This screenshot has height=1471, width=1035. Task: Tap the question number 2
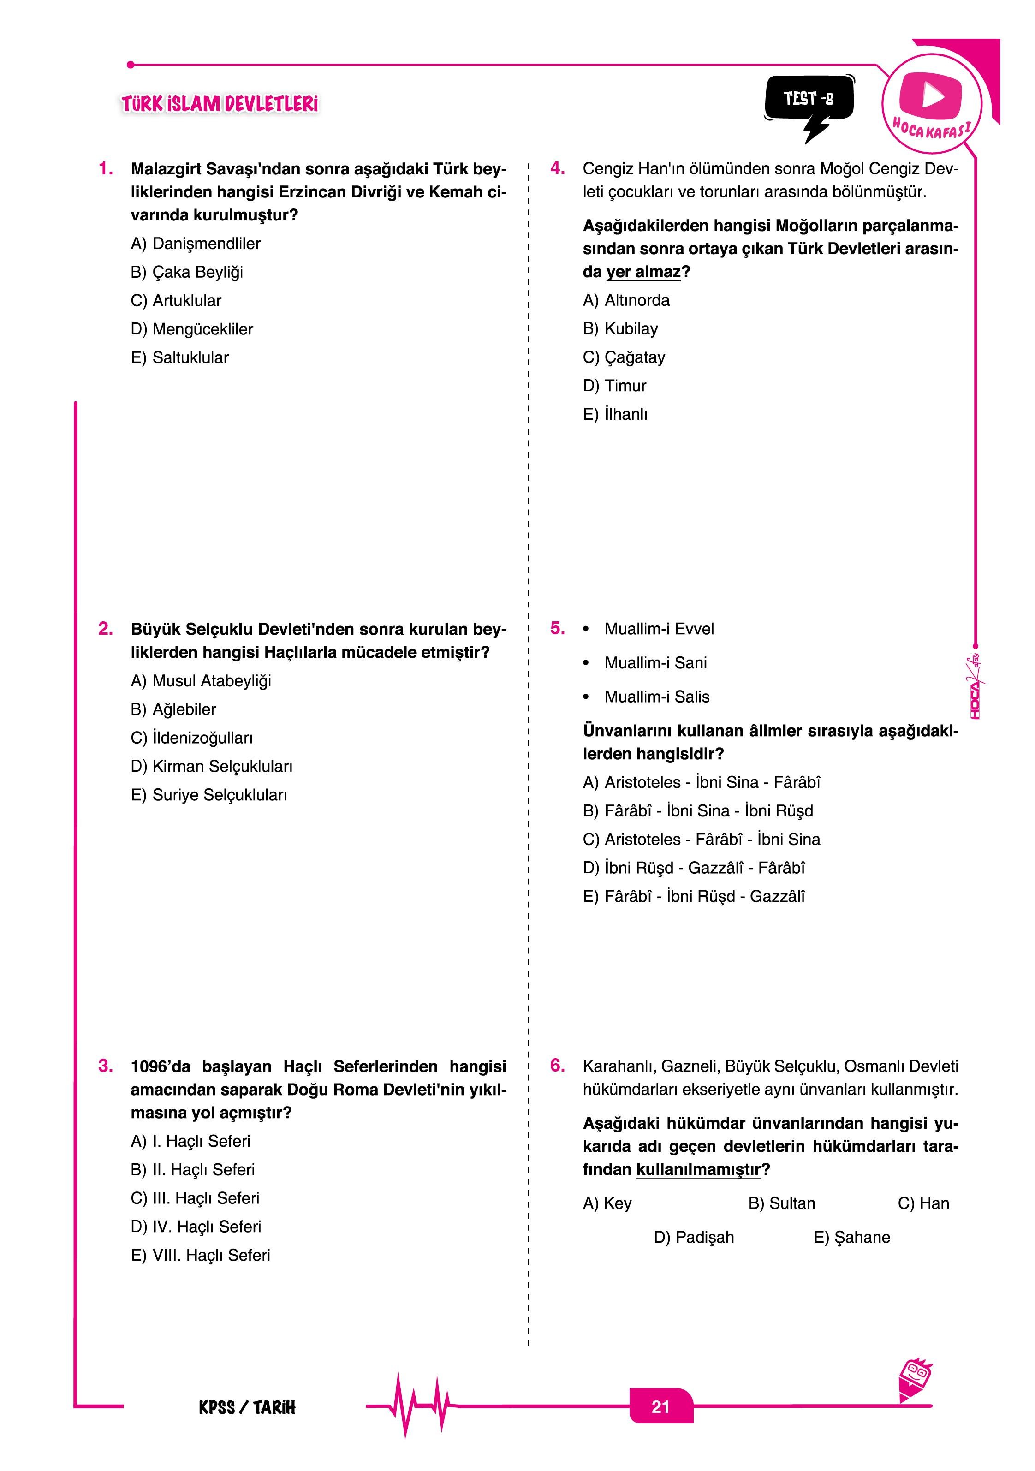coord(106,629)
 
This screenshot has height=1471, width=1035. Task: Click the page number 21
coord(660,1406)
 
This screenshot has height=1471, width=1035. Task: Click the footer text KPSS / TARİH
coord(247,1407)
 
